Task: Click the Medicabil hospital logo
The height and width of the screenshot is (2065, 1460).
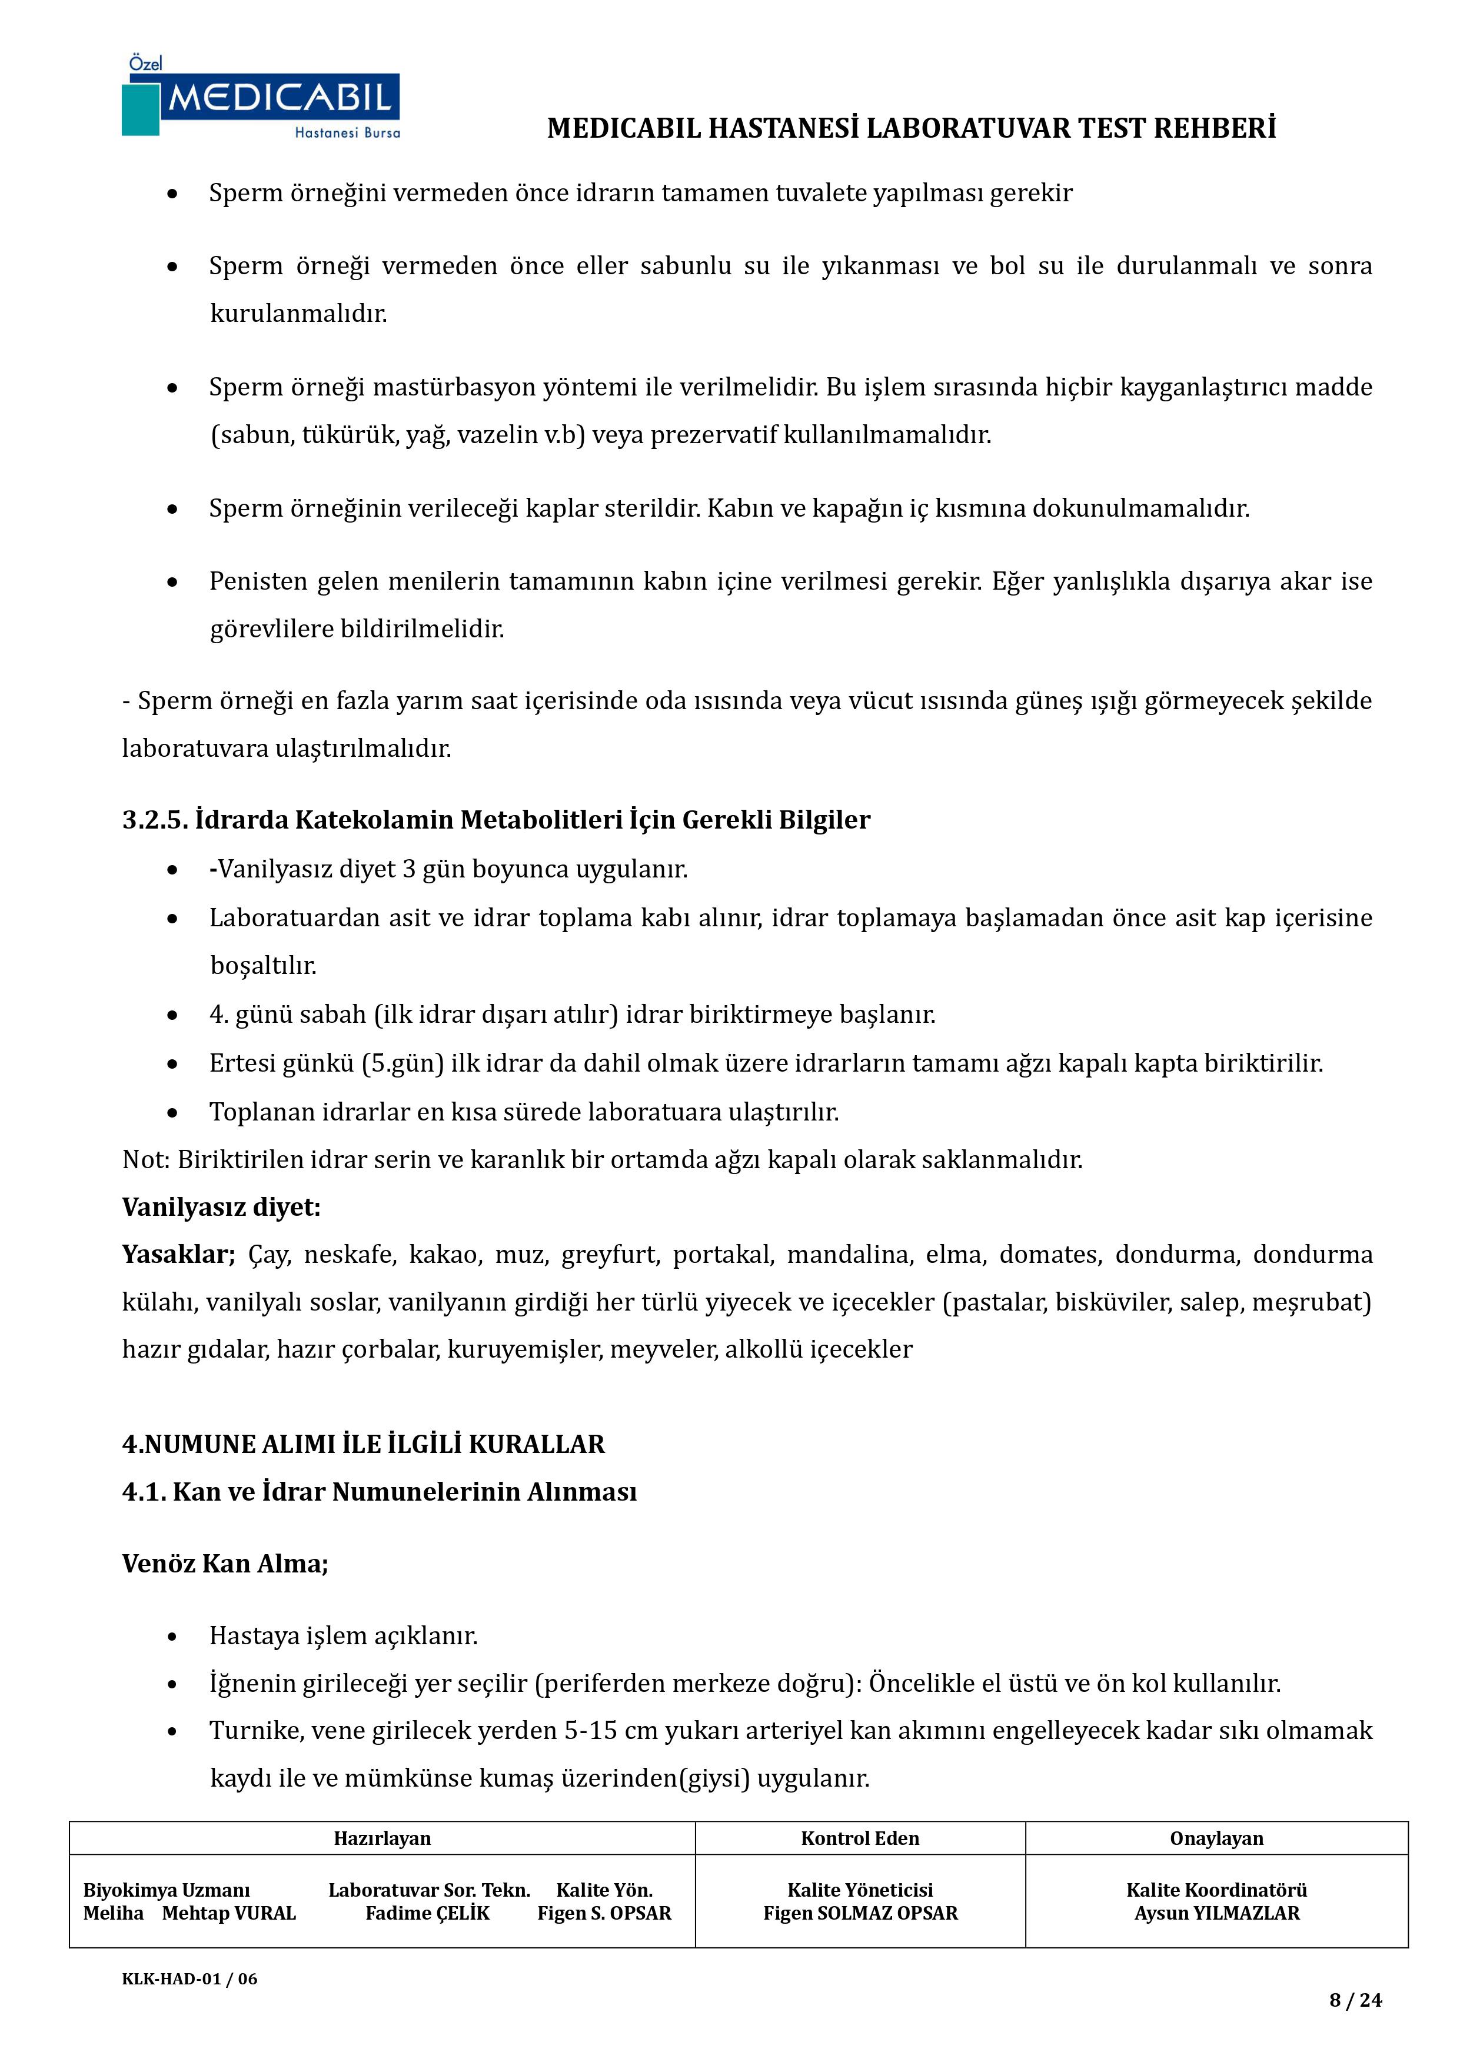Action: tap(261, 97)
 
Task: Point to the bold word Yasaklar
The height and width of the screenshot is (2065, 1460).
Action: tap(177, 1253)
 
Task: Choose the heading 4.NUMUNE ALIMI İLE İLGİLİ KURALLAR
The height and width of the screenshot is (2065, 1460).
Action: tap(364, 1444)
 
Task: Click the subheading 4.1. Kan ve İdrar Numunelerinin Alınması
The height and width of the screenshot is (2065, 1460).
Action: tap(379, 1491)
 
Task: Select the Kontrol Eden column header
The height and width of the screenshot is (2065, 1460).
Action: tap(860, 1838)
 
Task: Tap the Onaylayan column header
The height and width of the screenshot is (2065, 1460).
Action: tap(1216, 1838)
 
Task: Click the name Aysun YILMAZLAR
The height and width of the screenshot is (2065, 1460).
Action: tap(1216, 1913)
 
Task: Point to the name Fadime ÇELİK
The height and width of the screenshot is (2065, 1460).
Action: tap(427, 1913)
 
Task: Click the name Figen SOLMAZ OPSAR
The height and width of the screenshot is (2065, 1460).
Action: tap(860, 1913)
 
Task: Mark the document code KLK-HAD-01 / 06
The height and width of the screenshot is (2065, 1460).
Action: tap(190, 1978)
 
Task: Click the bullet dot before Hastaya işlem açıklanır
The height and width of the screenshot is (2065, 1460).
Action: tap(172, 1637)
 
